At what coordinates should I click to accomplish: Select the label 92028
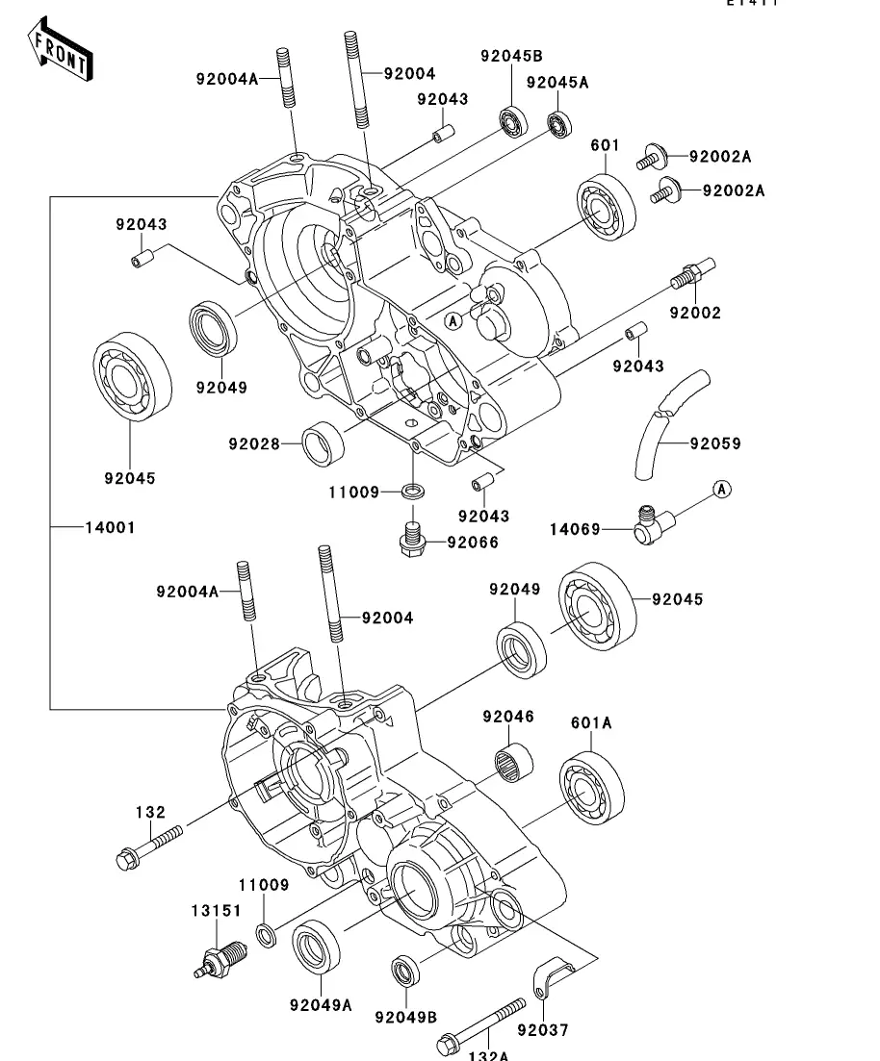pyautogui.click(x=254, y=444)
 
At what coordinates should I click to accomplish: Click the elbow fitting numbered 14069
pyautogui.click(x=650, y=525)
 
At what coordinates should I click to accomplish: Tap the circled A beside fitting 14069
pyautogui.click(x=722, y=490)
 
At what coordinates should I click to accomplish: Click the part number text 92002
pyautogui.click(x=696, y=314)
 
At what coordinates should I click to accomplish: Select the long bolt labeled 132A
pyautogui.click(x=481, y=1025)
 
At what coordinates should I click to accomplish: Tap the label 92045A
pyautogui.click(x=556, y=83)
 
